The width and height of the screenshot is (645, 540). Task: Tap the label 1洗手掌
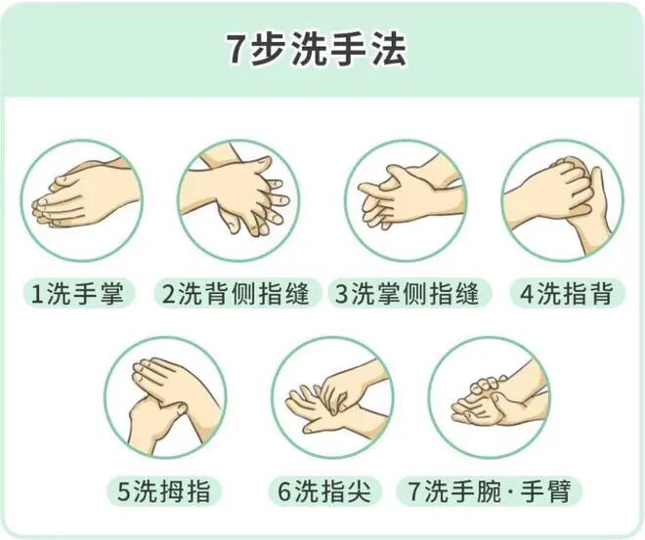(x=78, y=293)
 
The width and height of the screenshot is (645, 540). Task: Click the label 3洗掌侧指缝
(x=407, y=293)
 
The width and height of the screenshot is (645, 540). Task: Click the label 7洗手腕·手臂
(x=490, y=491)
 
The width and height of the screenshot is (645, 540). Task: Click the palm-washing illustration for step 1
(x=81, y=199)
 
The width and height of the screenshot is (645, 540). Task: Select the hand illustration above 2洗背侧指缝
(x=236, y=199)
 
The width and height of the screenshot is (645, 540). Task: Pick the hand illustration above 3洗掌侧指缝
(x=406, y=199)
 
